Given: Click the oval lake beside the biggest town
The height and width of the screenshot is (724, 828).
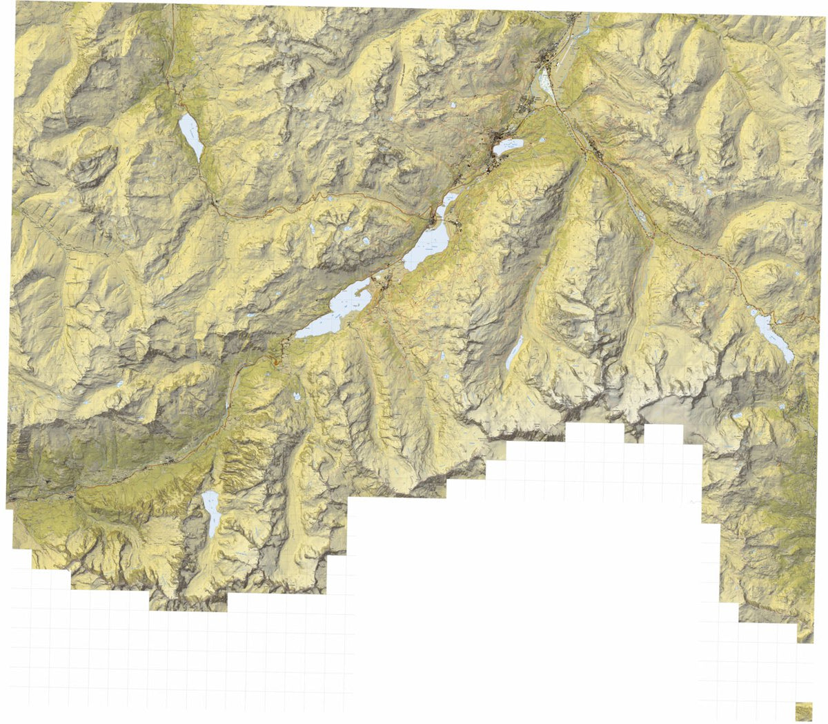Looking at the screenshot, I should tap(509, 146).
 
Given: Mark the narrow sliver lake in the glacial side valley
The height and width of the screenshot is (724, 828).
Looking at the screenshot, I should tap(514, 352).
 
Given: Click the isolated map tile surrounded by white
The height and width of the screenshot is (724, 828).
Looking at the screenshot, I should tap(804, 711).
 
